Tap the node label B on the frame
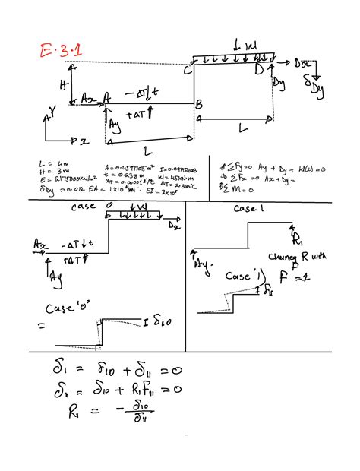(x=199, y=104)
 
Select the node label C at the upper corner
(x=187, y=71)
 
